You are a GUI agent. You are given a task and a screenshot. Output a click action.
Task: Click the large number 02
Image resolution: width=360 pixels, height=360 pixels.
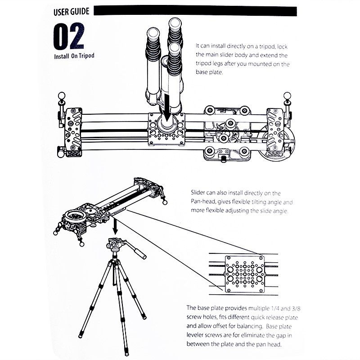click(69, 36)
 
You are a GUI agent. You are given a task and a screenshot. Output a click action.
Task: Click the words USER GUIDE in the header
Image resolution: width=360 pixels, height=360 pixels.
click(72, 12)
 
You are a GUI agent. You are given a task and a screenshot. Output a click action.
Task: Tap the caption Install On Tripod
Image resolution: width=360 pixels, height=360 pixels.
click(74, 56)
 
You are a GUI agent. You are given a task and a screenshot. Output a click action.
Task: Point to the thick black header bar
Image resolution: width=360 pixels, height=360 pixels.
click(195, 11)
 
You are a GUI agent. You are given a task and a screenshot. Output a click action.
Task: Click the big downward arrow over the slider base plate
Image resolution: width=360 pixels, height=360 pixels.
click(167, 108)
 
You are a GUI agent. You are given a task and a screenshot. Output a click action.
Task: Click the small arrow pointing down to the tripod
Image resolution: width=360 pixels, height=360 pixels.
click(115, 226)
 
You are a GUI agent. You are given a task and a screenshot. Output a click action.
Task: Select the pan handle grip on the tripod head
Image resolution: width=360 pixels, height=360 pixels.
click(139, 252)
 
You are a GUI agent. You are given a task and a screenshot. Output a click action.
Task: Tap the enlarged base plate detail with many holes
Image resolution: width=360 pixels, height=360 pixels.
click(244, 274)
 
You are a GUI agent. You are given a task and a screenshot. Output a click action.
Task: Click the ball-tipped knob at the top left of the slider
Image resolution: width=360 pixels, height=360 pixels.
click(62, 95)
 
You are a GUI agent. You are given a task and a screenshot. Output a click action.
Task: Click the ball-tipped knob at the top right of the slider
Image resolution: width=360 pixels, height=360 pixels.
click(287, 95)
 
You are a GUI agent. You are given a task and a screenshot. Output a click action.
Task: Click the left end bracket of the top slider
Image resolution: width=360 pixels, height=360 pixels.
click(73, 132)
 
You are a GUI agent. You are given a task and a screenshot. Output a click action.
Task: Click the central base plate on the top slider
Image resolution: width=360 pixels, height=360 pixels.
click(166, 129)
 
